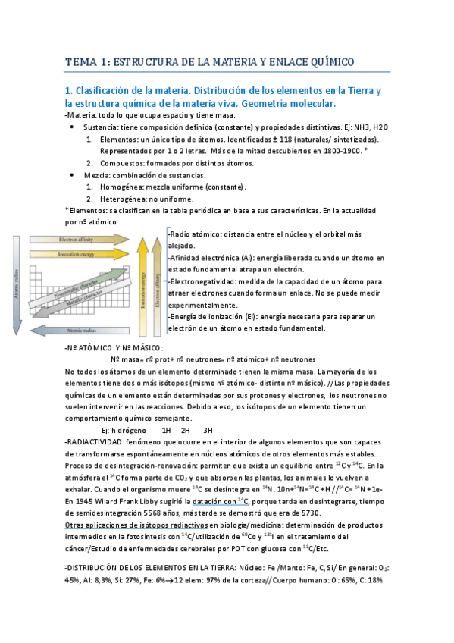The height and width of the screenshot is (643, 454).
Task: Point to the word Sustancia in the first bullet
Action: (x=100, y=127)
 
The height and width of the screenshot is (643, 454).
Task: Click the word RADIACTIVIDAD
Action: (x=98, y=441)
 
